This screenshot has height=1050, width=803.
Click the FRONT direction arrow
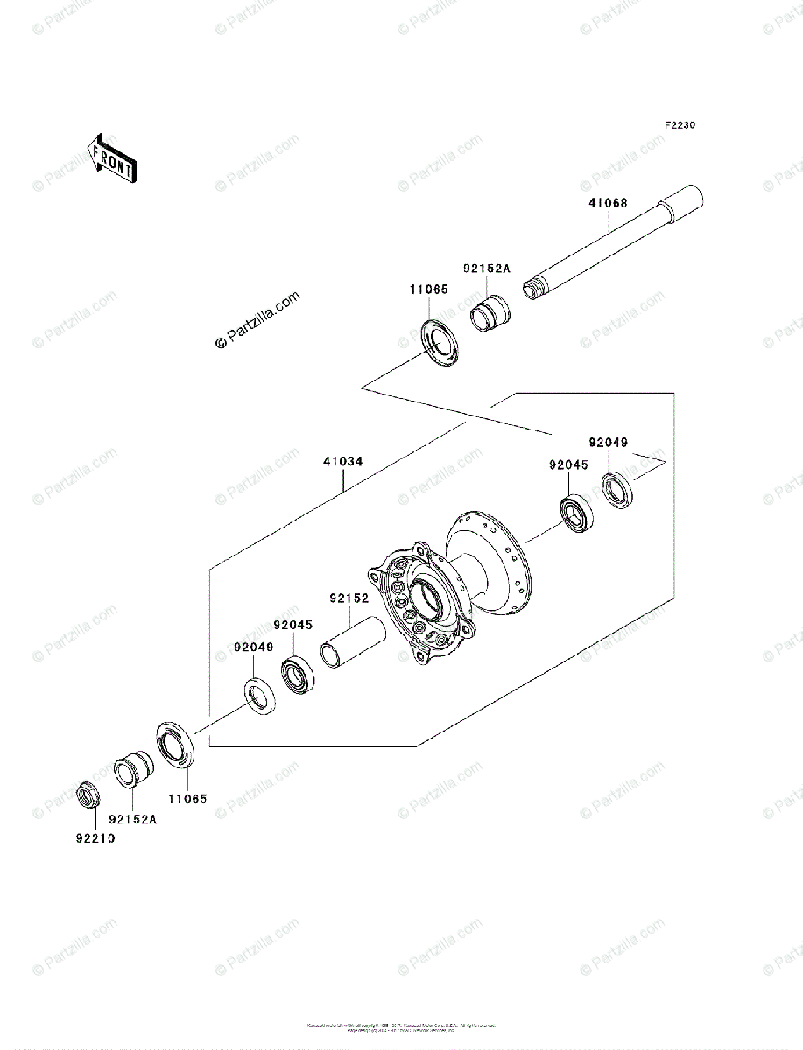(111, 158)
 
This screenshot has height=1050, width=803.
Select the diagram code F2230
(680, 125)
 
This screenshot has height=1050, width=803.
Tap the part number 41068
(607, 204)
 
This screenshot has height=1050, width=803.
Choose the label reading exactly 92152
(350, 599)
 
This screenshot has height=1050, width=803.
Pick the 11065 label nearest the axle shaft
(427, 288)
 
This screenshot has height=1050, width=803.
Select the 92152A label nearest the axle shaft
(486, 269)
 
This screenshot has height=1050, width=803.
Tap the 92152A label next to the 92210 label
(132, 820)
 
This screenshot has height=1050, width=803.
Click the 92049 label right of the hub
(608, 443)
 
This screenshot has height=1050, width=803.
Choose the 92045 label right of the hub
(570, 466)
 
